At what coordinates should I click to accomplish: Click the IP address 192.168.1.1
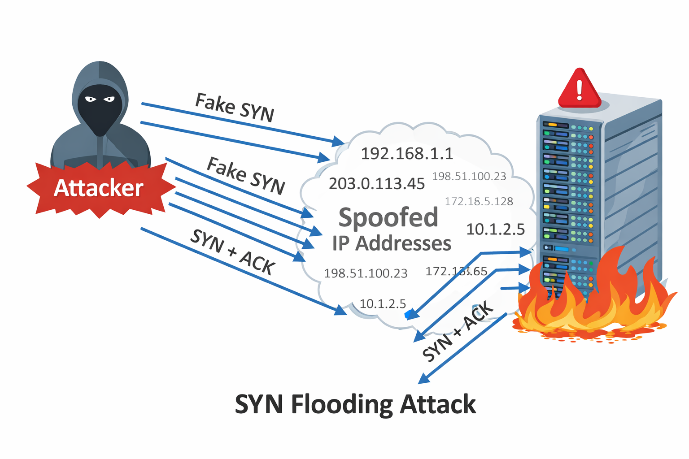click(407, 154)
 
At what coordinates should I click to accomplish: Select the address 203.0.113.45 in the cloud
click(376, 184)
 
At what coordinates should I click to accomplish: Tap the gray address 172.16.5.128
click(479, 201)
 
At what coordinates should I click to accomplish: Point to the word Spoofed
click(388, 217)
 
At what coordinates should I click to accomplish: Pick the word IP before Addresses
click(341, 243)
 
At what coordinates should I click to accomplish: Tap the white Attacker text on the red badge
click(99, 188)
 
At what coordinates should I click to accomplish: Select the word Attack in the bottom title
click(438, 404)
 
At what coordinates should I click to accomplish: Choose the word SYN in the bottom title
click(259, 404)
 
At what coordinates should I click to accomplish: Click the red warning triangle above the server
click(579, 90)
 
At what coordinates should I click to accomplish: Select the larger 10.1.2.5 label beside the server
click(495, 229)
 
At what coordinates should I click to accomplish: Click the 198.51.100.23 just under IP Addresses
click(366, 273)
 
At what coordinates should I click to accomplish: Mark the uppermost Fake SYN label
click(234, 108)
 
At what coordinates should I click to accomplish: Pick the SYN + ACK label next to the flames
click(458, 332)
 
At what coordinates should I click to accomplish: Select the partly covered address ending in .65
click(456, 271)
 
